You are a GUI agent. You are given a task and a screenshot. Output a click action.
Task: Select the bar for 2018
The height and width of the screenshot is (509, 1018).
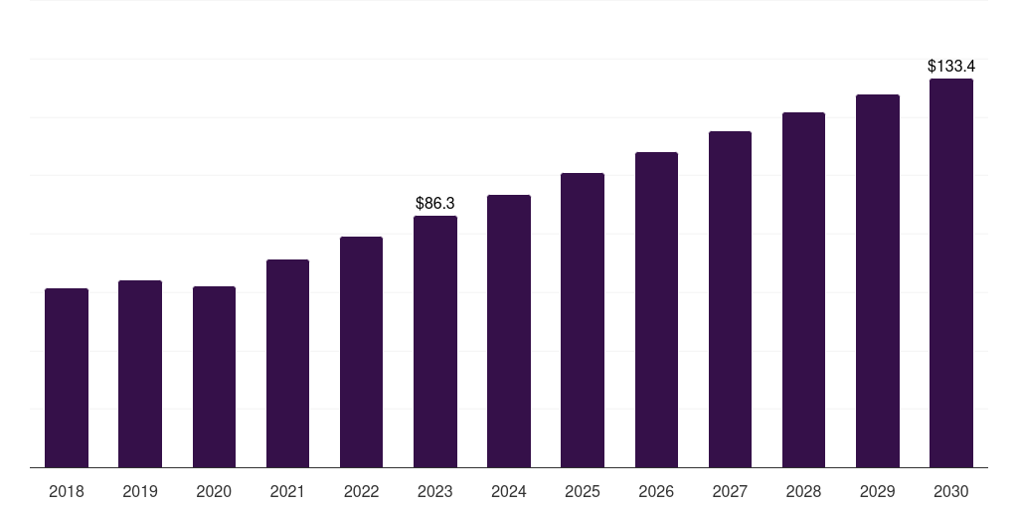[67, 378]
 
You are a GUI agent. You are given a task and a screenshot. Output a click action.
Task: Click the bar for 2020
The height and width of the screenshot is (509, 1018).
[215, 377]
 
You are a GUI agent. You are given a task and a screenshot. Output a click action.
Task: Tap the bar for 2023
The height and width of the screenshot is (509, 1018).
[435, 342]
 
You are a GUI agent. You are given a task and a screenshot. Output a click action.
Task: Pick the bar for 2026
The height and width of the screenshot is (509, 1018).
[656, 310]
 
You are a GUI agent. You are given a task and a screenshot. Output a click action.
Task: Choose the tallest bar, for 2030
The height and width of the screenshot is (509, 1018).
[951, 272]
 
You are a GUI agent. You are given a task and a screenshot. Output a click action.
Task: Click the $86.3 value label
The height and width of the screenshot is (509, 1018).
[435, 203]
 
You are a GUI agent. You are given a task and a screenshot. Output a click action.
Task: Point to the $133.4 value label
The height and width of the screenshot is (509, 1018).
[951, 66]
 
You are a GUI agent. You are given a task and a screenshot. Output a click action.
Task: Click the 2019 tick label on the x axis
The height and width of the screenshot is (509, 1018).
[140, 491]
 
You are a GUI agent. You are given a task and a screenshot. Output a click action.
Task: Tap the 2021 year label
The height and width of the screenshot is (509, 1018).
[287, 491]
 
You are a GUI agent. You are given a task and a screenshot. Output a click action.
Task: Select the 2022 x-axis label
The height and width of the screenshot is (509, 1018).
[361, 491]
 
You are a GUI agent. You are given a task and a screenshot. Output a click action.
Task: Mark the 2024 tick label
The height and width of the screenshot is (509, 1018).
[509, 491]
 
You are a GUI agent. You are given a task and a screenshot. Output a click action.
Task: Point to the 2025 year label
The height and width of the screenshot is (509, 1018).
[583, 491]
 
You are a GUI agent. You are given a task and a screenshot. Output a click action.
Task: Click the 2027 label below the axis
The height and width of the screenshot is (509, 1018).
[730, 491]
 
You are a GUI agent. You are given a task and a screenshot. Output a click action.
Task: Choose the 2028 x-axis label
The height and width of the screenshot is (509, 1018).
[803, 491]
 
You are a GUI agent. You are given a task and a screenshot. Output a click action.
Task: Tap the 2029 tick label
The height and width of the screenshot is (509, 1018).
[877, 491]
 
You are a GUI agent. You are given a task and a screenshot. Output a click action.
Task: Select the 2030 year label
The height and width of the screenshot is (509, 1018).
[951, 491]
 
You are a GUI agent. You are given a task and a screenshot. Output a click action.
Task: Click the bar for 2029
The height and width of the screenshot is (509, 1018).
[878, 281]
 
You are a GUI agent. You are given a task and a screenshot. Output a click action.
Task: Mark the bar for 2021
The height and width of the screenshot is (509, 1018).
[287, 364]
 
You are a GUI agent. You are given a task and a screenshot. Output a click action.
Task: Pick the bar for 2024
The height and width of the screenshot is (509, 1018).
[509, 331]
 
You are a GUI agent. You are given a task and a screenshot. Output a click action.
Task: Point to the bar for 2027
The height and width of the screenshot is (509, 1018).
[730, 299]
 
